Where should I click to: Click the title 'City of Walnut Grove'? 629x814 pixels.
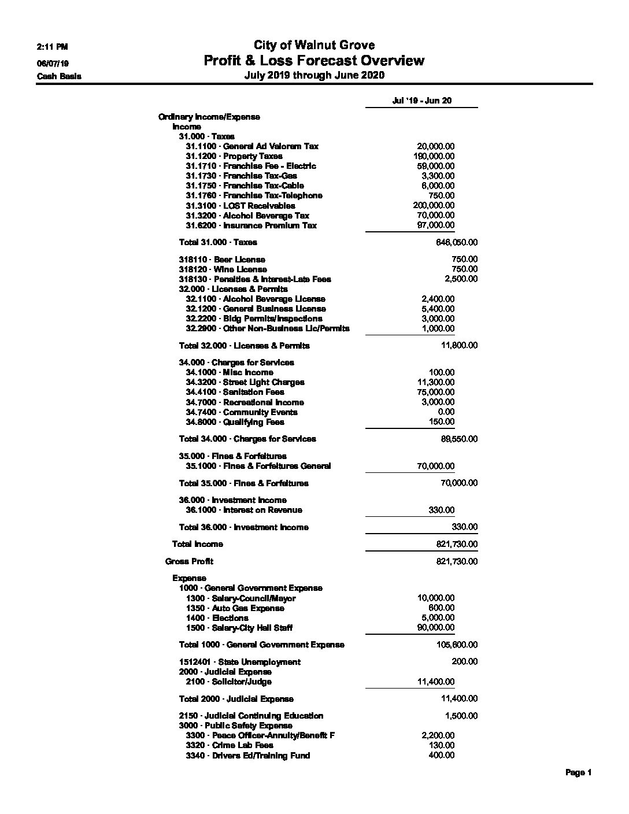point(314,45)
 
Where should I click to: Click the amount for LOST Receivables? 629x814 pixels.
point(434,205)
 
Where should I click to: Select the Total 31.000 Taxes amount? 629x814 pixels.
point(457,242)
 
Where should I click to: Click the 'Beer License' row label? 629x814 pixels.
point(223,260)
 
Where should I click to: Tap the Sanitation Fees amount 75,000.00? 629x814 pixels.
point(435,392)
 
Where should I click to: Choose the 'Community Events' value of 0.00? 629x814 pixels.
point(446,412)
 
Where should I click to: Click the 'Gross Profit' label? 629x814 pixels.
point(189,561)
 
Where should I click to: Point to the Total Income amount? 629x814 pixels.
point(457,544)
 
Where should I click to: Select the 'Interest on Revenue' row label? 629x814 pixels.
point(244,510)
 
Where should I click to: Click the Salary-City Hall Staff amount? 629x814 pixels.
point(435,627)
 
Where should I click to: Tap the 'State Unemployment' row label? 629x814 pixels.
point(240,662)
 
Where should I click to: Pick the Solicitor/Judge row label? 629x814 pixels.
point(228,682)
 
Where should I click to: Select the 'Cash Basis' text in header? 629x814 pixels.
point(59,76)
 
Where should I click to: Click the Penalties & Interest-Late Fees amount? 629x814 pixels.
point(461,279)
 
